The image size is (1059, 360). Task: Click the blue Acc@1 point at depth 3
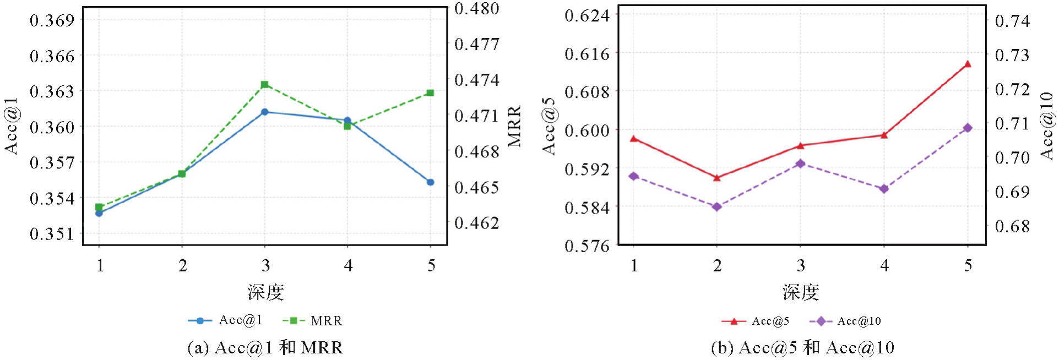[265, 112]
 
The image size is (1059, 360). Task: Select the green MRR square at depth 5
[431, 93]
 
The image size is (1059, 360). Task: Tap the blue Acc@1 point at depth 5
[431, 182]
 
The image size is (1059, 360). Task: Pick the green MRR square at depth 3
[265, 85]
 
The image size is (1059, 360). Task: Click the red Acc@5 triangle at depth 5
[968, 64]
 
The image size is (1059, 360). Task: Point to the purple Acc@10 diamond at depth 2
[717, 207]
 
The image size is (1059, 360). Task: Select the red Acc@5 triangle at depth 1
[634, 139]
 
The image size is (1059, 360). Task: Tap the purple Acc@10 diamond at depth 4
[884, 189]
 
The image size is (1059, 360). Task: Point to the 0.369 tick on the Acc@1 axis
[52, 21]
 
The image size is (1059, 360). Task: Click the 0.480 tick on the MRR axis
[477, 9]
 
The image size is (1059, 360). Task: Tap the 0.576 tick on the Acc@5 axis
[587, 246]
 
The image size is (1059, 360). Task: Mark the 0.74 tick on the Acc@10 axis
[1012, 21]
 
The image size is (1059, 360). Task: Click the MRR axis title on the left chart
[514, 127]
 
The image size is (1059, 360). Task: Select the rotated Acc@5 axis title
[549, 127]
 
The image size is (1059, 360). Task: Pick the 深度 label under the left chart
[265, 292]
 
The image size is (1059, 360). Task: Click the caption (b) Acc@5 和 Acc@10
[802, 348]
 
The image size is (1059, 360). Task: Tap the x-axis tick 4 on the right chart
[884, 266]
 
